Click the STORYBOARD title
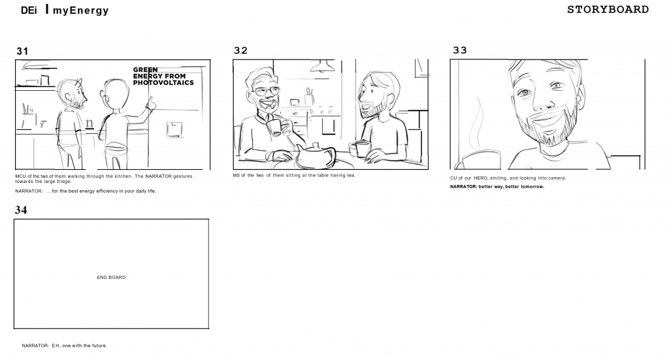(608, 9)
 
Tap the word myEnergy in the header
(80, 10)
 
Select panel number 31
(22, 52)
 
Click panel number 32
(240, 51)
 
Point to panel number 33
(460, 50)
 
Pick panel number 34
(21, 210)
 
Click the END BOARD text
(111, 277)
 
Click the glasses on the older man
(267, 91)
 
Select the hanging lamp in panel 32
(322, 66)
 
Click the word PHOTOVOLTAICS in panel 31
(163, 83)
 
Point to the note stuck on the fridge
(174, 129)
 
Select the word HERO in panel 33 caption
(480, 178)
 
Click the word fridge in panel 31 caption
(64, 181)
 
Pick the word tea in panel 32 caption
(351, 175)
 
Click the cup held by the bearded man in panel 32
(361, 149)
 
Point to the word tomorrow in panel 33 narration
(532, 187)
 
